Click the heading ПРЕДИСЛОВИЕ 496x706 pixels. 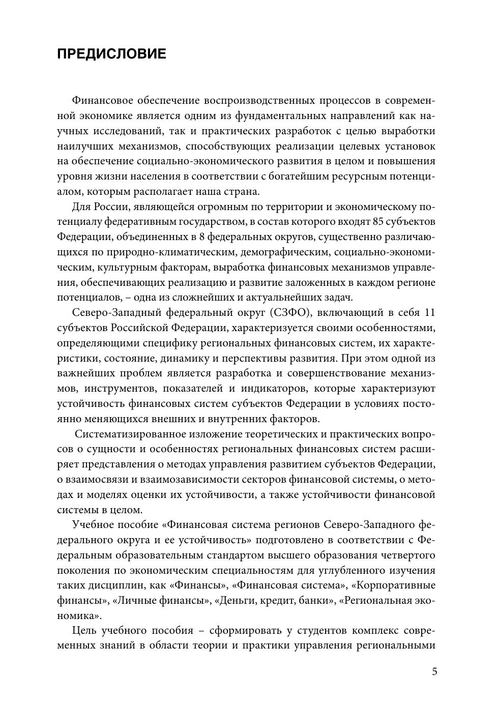tap(111, 54)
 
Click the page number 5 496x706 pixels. tap(434, 671)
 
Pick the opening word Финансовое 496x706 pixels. tap(104, 101)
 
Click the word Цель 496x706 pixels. tap(85, 631)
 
